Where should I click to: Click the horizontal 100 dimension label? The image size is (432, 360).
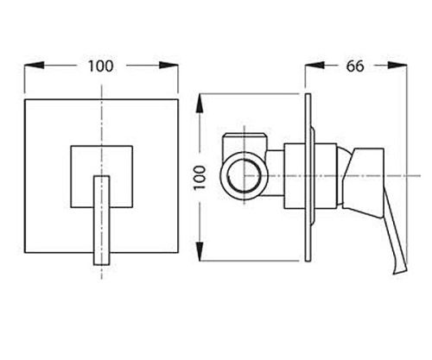click(100, 66)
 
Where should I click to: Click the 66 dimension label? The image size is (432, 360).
click(355, 66)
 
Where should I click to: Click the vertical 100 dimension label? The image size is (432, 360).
click(200, 178)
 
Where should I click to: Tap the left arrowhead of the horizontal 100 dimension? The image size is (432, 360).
click(35, 66)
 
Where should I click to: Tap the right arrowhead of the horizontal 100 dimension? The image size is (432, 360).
click(168, 66)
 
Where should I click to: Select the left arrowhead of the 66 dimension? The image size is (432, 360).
click(314, 66)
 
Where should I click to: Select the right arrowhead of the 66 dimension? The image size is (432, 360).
click(397, 66)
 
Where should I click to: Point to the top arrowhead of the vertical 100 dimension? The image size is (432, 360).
click(200, 104)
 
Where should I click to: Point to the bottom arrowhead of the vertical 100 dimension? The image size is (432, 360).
click(200, 251)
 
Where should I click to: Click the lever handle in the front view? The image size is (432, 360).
click(102, 220)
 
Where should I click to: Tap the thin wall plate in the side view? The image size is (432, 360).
click(308, 178)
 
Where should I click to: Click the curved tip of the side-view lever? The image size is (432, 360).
click(399, 269)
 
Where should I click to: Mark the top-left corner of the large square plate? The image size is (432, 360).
click(25, 99)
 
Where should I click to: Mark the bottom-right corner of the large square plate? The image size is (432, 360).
click(178, 253)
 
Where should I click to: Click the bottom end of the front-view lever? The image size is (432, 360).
click(102, 265)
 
